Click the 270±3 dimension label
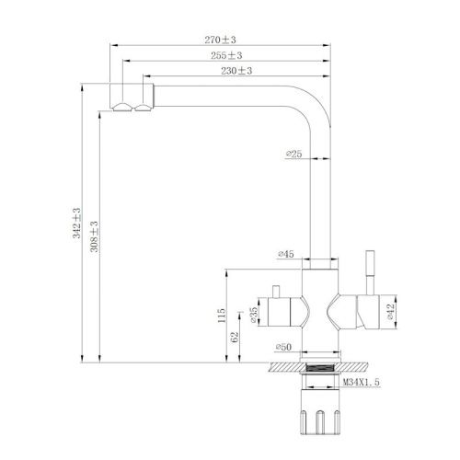point(223,40)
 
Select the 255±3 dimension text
point(223,55)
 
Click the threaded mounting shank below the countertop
point(321,379)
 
